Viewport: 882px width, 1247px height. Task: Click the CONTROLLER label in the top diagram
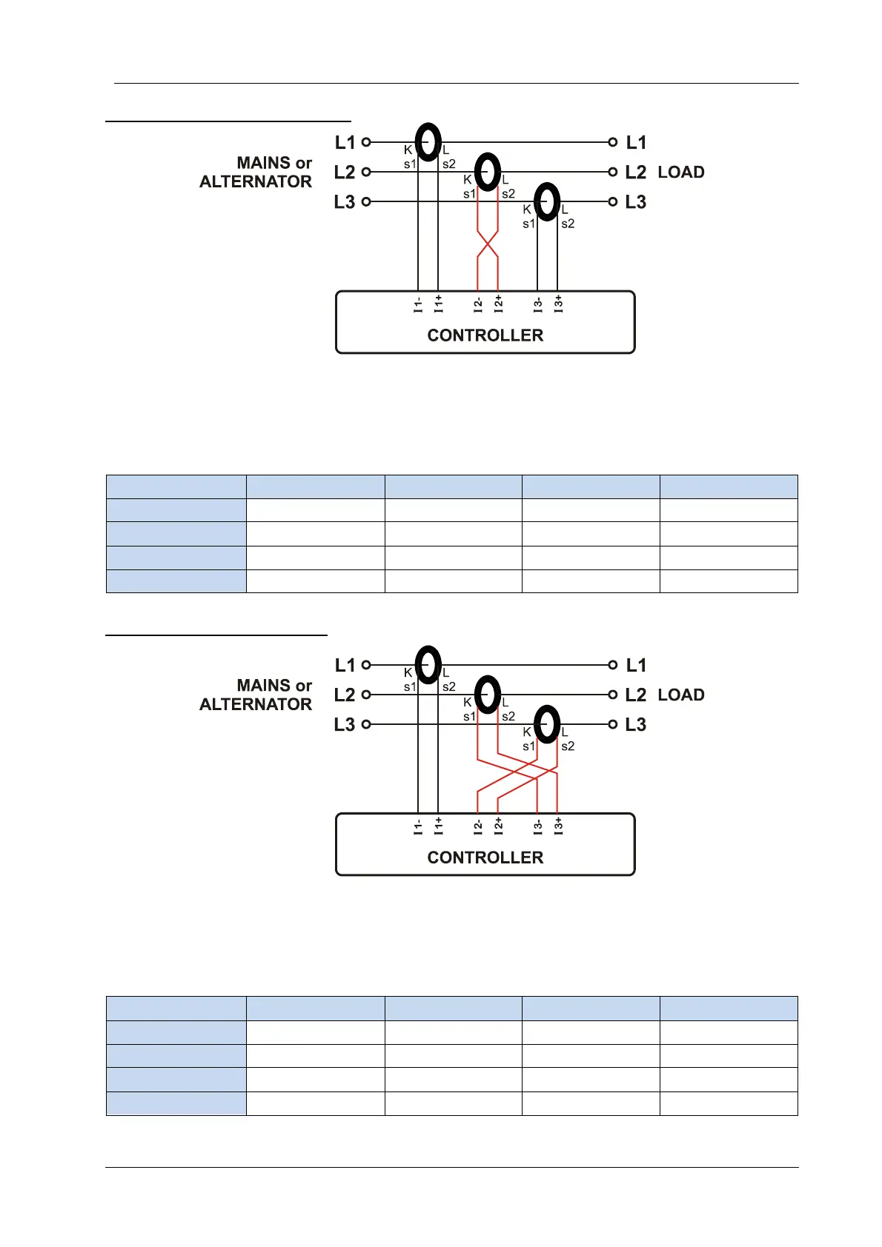[x=485, y=335]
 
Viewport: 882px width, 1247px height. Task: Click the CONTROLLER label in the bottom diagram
[x=485, y=857]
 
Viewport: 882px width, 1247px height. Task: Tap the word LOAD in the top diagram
[x=681, y=173]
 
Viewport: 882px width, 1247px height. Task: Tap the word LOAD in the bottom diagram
[x=681, y=695]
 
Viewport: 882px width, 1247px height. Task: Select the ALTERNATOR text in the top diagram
[x=256, y=182]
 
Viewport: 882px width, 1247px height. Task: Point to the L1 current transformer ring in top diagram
[x=428, y=141]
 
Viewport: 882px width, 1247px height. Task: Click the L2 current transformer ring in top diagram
[x=487, y=172]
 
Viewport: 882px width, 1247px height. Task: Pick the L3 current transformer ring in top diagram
[x=547, y=201]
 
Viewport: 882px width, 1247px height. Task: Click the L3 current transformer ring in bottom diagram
[x=547, y=724]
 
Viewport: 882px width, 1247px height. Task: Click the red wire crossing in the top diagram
[x=487, y=242]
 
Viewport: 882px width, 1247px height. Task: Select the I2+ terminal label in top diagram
[x=499, y=304]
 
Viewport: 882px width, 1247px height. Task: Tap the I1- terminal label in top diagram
[x=419, y=304]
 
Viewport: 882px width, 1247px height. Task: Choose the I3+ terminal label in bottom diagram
[x=558, y=826]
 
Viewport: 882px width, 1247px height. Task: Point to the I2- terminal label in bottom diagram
[x=479, y=826]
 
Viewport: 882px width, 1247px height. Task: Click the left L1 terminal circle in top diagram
[x=366, y=142]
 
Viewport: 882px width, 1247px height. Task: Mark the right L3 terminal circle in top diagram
[x=613, y=201]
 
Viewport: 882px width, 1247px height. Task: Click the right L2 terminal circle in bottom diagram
[x=613, y=695]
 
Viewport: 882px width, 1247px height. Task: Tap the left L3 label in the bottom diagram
[x=345, y=724]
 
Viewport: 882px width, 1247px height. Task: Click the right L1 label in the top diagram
[x=636, y=142]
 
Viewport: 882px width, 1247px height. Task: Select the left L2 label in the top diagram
[x=345, y=173]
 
